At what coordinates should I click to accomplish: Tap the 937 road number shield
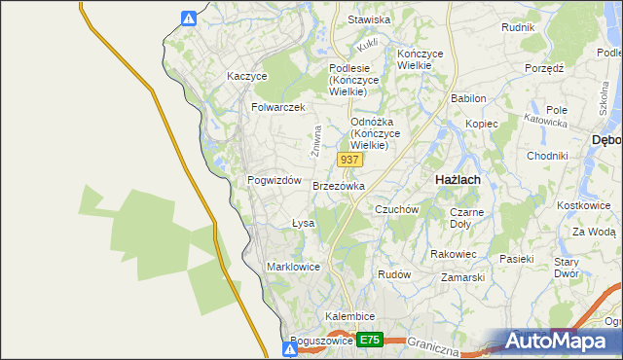pos(351,159)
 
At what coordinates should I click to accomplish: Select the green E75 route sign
pos(369,341)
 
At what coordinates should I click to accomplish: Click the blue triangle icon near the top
pos(190,18)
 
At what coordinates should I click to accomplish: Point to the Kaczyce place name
pos(247,76)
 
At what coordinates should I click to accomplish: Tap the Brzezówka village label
pos(339,186)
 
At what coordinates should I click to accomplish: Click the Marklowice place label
pos(293,267)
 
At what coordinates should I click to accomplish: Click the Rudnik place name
pos(518,27)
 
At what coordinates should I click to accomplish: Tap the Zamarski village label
pos(462,277)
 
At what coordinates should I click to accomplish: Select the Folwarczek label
pos(278,107)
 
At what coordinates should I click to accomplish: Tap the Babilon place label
pos(468,99)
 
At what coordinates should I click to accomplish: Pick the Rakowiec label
pos(453,254)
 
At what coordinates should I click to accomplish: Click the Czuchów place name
pos(396,209)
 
